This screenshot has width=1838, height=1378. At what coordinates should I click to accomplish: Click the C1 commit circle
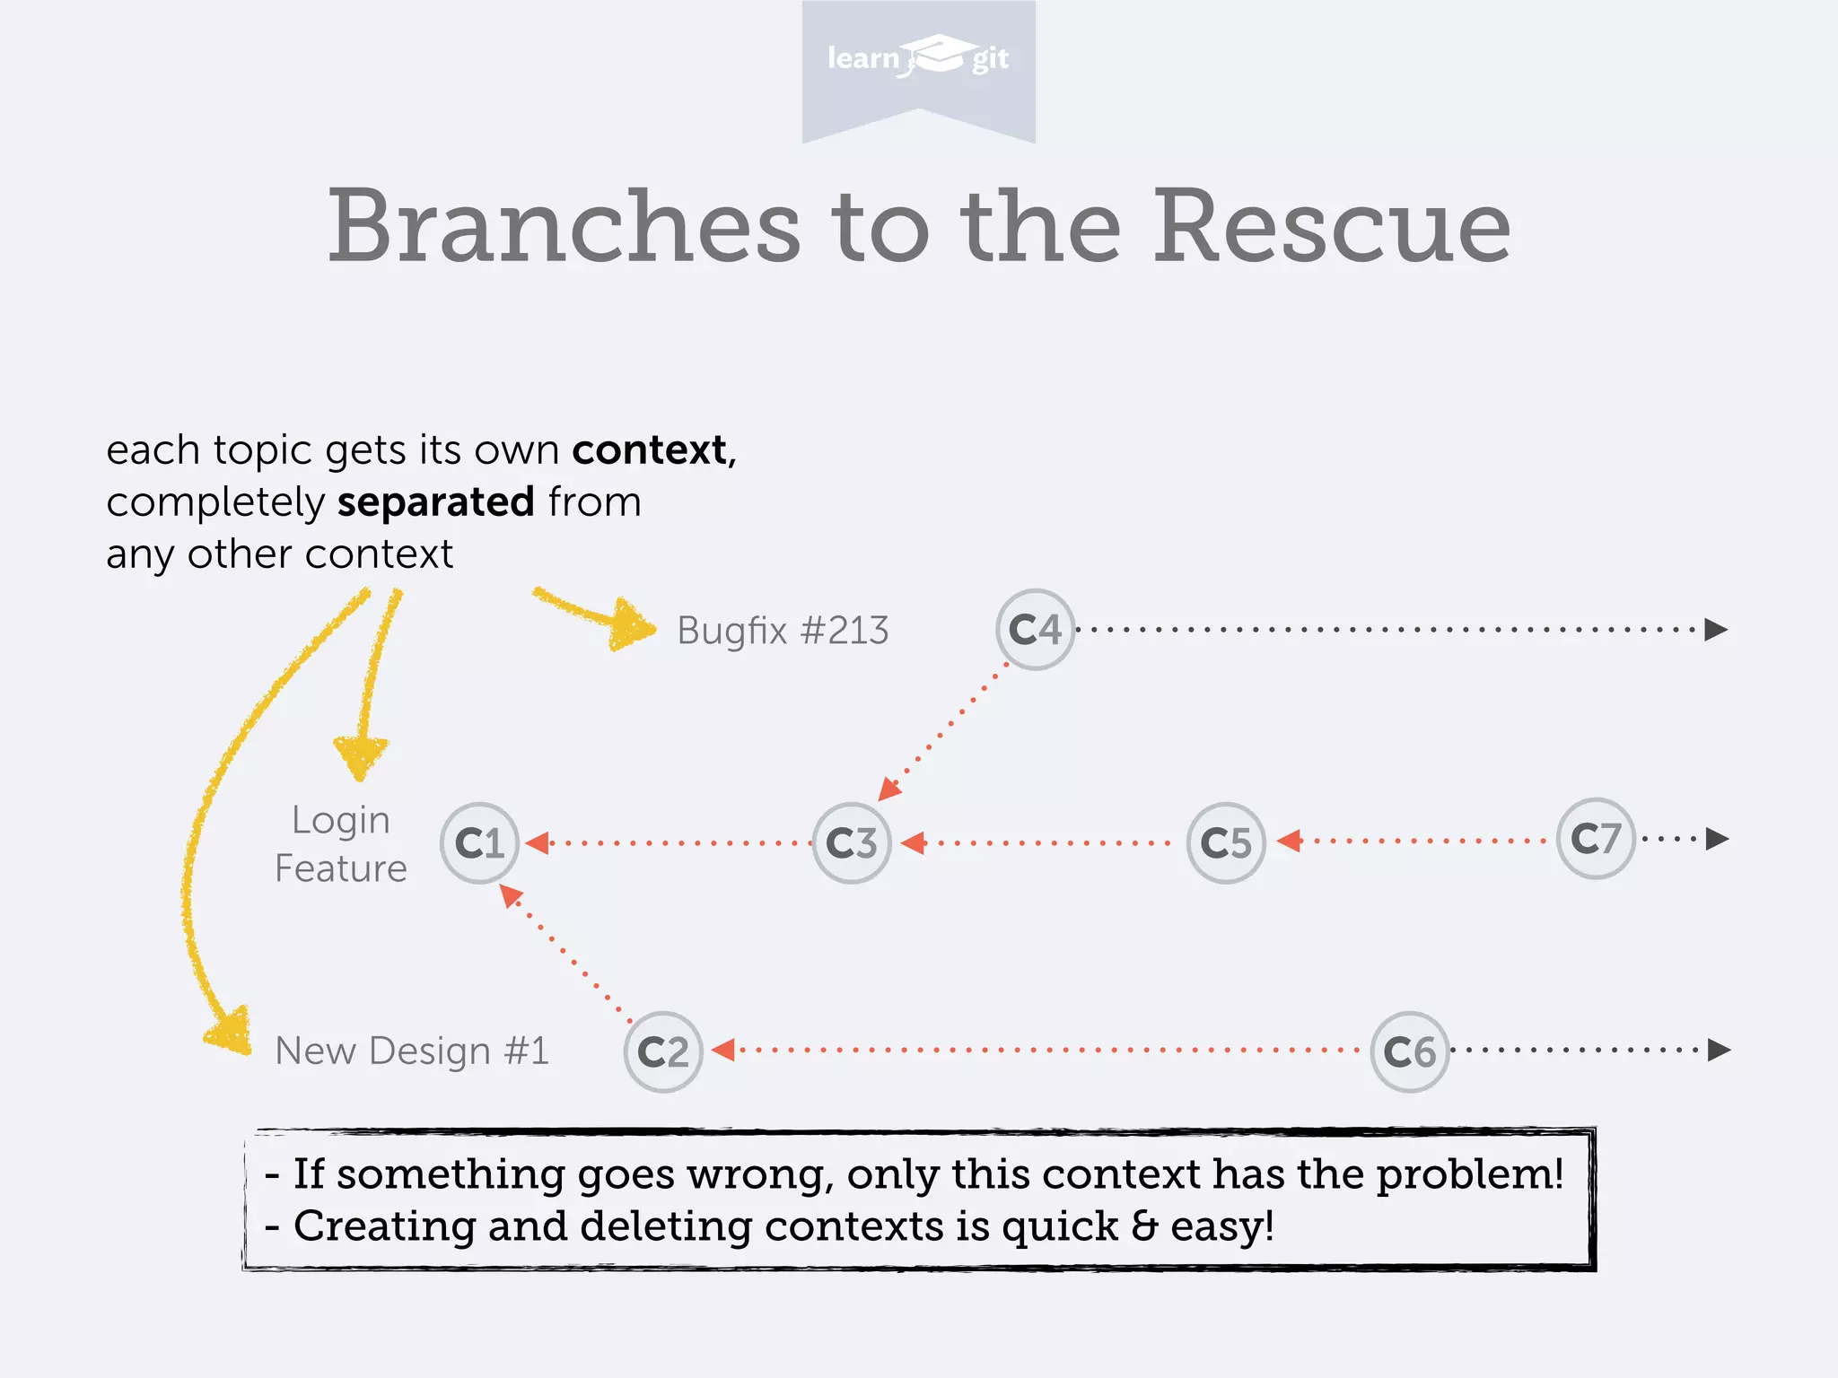pyautogui.click(x=480, y=842)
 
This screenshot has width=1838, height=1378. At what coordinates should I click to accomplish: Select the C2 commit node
pyautogui.click(x=663, y=1051)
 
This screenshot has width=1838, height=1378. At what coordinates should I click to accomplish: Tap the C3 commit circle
pyautogui.click(x=852, y=842)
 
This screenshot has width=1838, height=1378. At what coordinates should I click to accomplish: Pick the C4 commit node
pyautogui.click(x=1035, y=629)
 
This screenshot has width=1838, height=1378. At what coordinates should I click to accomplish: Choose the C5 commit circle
pyautogui.click(x=1226, y=842)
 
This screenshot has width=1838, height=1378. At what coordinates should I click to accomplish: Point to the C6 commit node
pyautogui.click(x=1410, y=1051)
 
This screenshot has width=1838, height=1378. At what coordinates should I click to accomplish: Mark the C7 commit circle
pyautogui.click(x=1596, y=838)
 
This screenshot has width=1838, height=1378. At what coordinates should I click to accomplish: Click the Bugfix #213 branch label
pyautogui.click(x=783, y=631)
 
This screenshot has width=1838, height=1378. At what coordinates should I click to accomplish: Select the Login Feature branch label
pyautogui.click(x=341, y=844)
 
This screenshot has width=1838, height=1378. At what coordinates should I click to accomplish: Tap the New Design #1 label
pyautogui.click(x=412, y=1051)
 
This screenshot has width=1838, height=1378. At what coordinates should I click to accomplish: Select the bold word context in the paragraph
pyautogui.click(x=650, y=449)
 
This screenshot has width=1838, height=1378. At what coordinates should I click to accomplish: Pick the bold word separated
pyautogui.click(x=436, y=501)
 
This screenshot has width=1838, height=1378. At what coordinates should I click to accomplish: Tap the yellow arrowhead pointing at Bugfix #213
pyautogui.click(x=633, y=624)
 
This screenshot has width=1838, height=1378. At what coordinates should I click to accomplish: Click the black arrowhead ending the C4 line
pyautogui.click(x=1716, y=629)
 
